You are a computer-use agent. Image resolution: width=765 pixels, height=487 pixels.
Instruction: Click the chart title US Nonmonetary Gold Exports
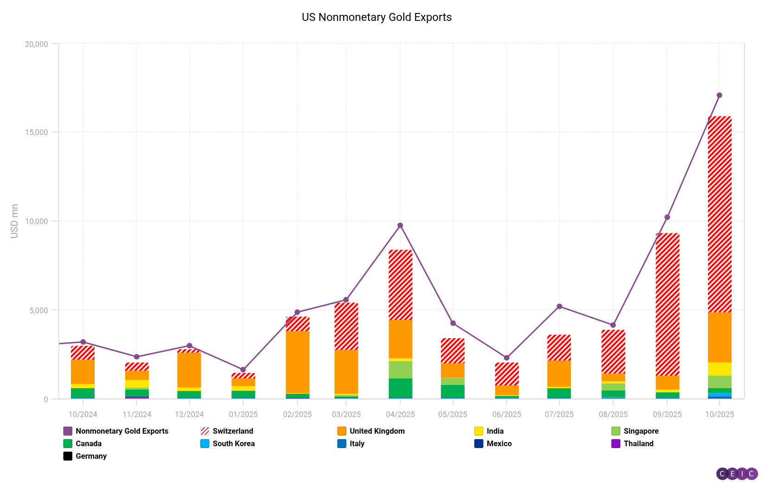376,17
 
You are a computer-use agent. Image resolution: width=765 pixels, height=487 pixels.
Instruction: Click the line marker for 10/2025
719,95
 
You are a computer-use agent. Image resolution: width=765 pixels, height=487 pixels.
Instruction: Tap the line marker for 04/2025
400,225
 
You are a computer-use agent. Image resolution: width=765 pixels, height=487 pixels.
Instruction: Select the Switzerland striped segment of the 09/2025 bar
667,304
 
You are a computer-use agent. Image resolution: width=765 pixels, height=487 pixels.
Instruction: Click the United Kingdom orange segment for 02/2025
297,362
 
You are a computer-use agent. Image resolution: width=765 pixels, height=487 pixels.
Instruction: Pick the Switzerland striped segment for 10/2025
719,213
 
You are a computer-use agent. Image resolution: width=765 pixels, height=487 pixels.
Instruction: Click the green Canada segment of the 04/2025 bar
400,388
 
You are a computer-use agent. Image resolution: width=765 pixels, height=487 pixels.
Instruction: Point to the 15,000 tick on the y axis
36,132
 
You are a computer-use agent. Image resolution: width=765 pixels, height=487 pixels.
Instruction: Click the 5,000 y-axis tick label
38,310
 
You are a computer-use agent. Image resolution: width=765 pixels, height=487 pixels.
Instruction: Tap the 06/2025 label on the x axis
506,414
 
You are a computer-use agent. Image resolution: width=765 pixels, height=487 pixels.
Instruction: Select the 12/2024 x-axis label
189,414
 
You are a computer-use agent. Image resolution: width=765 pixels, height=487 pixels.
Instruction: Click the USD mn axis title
14,221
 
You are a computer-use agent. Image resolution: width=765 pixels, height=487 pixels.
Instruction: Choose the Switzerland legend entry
232,431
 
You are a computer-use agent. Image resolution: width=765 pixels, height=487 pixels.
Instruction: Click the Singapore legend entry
641,431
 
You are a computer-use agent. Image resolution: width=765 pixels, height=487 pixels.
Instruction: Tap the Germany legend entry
91,456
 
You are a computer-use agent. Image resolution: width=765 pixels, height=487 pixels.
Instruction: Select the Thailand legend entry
638,443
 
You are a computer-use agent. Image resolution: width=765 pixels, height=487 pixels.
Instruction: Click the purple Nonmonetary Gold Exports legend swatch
68,431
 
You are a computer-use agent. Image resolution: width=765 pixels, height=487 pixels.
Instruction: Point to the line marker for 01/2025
243,370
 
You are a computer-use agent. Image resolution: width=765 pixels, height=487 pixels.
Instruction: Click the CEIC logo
737,474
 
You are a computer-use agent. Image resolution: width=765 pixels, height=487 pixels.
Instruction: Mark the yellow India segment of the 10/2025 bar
719,369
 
